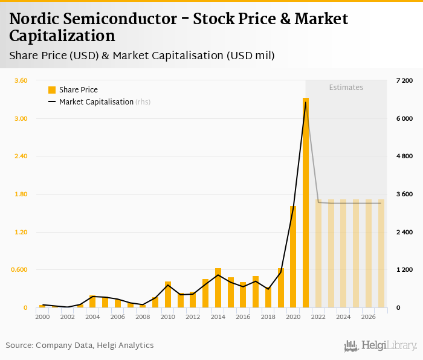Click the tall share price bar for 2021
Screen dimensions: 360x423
click(x=306, y=203)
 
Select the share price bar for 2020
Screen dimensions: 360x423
click(x=293, y=257)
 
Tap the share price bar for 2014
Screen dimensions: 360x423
click(x=218, y=288)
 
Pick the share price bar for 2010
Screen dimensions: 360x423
click(x=168, y=295)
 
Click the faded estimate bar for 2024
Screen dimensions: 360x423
click(x=343, y=254)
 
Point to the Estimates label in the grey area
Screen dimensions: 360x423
click(x=346, y=88)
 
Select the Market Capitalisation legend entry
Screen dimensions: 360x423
click(x=96, y=102)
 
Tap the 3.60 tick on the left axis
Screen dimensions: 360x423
click(x=21, y=80)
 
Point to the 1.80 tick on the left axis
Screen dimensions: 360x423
click(x=21, y=194)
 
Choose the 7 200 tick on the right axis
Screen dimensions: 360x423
click(x=404, y=80)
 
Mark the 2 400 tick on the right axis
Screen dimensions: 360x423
click(x=404, y=232)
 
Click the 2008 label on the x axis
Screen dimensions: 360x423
click(x=143, y=317)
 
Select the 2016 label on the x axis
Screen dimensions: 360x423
click(x=243, y=317)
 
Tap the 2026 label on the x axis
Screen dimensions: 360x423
click(x=369, y=317)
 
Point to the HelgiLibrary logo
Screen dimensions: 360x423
click(x=380, y=346)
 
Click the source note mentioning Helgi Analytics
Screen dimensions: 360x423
click(x=80, y=346)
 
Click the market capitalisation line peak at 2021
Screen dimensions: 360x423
click(x=306, y=102)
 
